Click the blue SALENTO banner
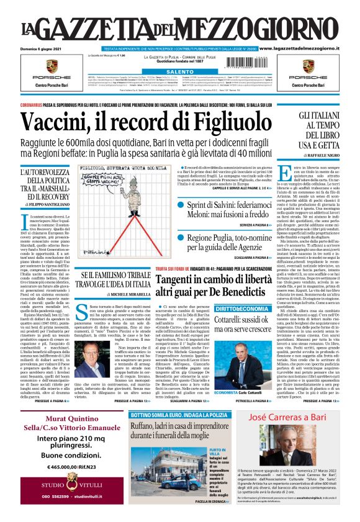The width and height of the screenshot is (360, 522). (x=180, y=72)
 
